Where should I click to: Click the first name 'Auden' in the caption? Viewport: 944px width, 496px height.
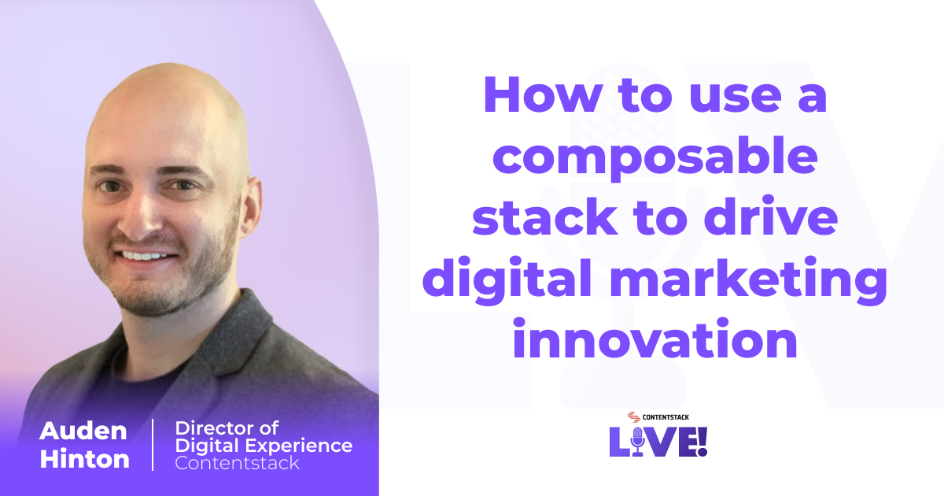click(83, 431)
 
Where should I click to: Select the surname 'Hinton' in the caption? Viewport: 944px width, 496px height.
click(84, 459)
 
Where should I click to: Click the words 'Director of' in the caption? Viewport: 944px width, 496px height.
click(227, 428)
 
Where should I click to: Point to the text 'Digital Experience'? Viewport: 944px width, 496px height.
click(264, 446)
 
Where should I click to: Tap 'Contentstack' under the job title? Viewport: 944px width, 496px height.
click(237, 463)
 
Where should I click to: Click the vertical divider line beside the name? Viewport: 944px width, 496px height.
click(153, 445)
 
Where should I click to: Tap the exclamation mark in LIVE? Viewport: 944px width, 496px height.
click(702, 441)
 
